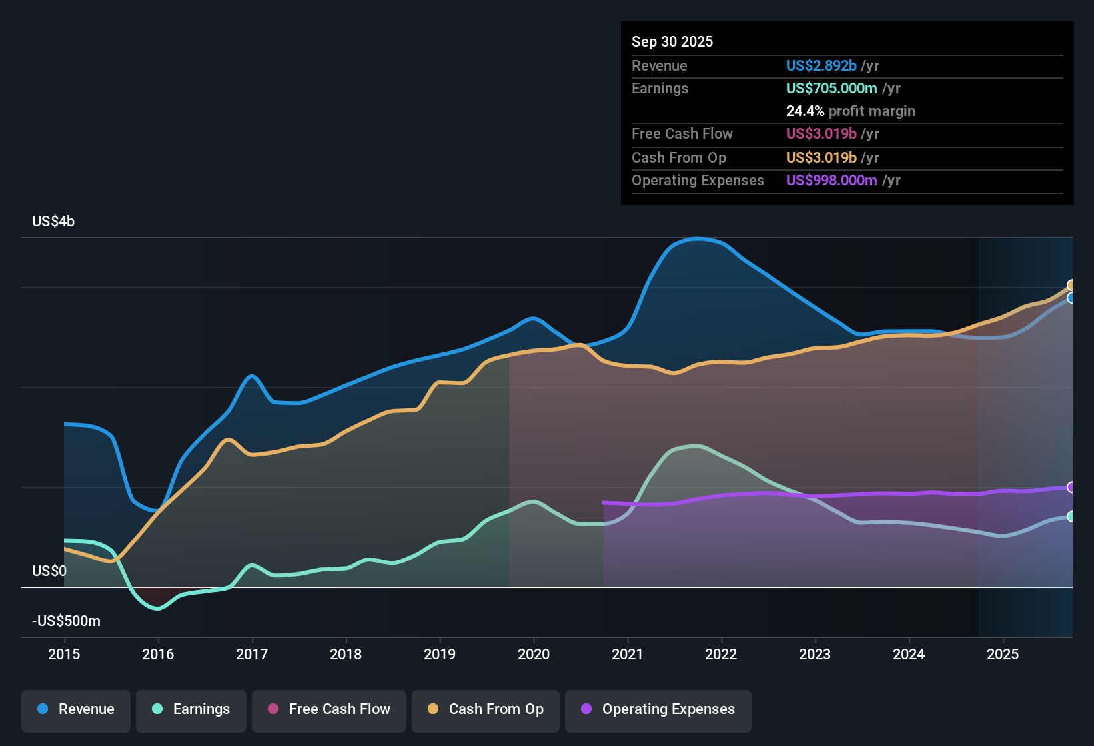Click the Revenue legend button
[x=76, y=709]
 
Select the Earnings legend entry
[x=191, y=709]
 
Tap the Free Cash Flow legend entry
[x=329, y=709]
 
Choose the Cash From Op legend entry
[x=486, y=709]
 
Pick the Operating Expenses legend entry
[x=658, y=709]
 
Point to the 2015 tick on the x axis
[x=64, y=654]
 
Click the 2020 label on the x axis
[x=534, y=654]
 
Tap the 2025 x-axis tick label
[x=1003, y=654]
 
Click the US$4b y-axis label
[x=53, y=222]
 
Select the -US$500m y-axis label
[x=66, y=621]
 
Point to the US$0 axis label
[x=49, y=571]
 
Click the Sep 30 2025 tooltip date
[x=672, y=42]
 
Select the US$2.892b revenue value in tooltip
[x=821, y=66]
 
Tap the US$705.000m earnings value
[x=831, y=89]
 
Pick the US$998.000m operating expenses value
[x=831, y=181]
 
